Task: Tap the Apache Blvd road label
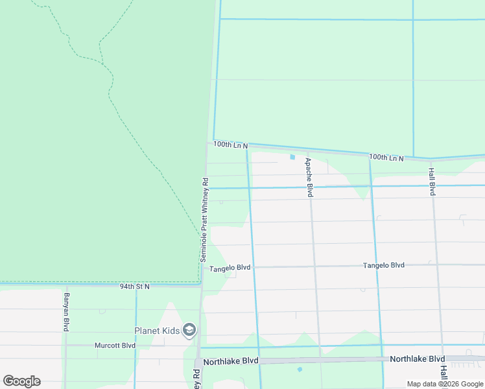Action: [x=309, y=178]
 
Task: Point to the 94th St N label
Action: [x=135, y=286]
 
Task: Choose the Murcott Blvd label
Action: [x=115, y=346]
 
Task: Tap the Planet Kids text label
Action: [x=157, y=331]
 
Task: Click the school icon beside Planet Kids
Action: [x=189, y=331]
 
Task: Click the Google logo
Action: [x=21, y=381]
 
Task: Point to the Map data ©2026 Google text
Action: [x=445, y=384]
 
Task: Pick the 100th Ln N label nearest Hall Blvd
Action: [x=386, y=158]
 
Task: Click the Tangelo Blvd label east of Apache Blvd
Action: [x=383, y=265]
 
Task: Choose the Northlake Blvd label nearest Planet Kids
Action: [x=230, y=360]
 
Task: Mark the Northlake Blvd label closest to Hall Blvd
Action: [x=417, y=359]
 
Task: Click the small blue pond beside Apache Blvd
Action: [x=292, y=157]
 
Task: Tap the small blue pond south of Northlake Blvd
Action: [x=300, y=370]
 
